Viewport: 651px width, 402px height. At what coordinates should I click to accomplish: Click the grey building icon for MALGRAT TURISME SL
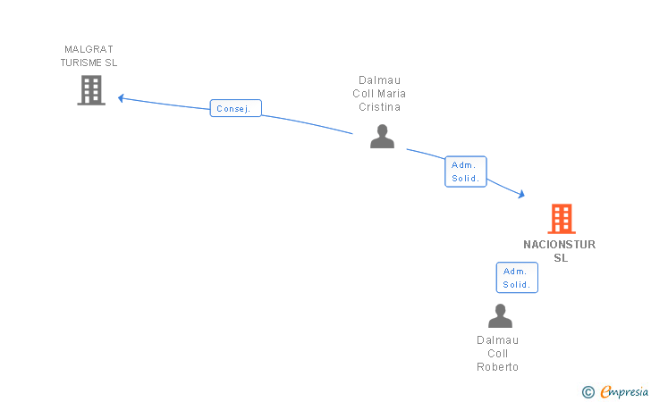point(91,90)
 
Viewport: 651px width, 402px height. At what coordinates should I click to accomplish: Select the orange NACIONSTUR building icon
point(561,219)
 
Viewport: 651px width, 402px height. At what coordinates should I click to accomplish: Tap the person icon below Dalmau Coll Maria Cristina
point(382,137)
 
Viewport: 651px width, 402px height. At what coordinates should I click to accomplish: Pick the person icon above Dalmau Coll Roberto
point(500,316)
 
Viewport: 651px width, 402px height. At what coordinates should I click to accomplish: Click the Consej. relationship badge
point(236,109)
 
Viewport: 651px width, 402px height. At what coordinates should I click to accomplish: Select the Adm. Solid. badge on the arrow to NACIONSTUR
point(466,172)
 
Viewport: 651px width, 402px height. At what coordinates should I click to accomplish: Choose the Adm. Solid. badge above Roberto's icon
point(517,278)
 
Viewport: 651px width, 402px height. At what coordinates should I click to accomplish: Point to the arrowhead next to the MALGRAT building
point(122,98)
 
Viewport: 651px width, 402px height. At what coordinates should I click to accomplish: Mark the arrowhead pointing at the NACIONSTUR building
point(520,194)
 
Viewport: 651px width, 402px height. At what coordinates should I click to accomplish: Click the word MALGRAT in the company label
point(89,49)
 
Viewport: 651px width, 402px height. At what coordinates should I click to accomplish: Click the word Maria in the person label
point(391,93)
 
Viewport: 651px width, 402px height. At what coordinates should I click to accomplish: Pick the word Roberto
point(497,367)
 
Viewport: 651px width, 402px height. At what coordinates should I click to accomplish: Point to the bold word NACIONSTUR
point(560,245)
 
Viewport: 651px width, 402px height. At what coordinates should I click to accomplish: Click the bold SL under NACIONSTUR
point(561,258)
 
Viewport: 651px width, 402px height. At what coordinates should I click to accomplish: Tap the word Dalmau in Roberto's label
point(497,340)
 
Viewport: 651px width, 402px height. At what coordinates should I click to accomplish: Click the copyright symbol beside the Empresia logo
point(588,391)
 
